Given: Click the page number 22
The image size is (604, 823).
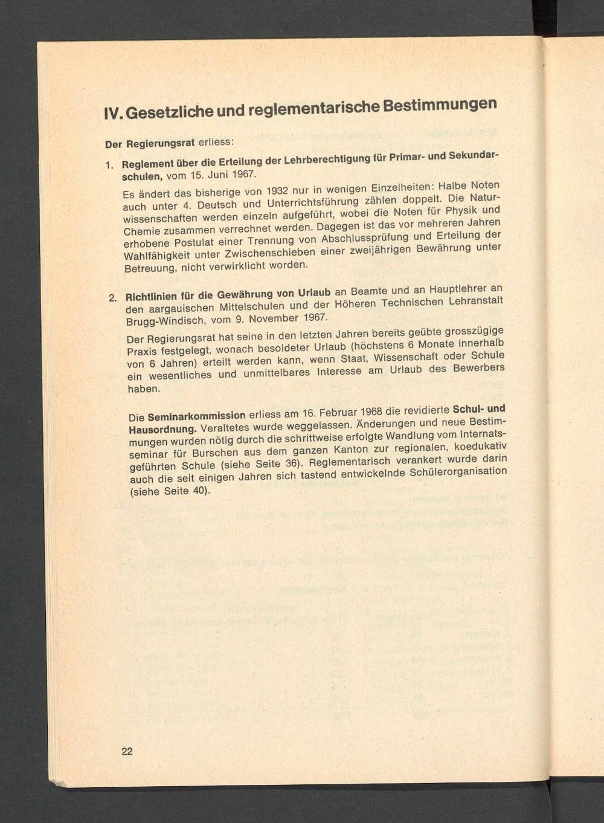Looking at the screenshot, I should (127, 751).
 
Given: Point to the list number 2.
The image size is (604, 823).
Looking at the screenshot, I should (112, 298).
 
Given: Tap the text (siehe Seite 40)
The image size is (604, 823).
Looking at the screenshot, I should (170, 491).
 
